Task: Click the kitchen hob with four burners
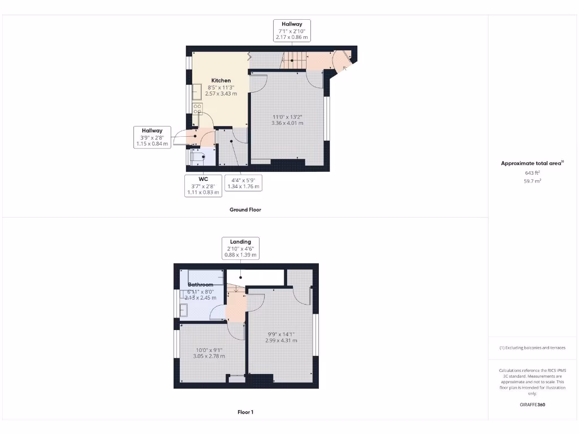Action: pos(197,108)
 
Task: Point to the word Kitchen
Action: pos(221,80)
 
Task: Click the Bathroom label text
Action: pos(201,284)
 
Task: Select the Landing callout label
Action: pos(240,248)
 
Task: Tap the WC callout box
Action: pos(204,185)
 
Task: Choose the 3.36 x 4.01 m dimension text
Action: pos(287,123)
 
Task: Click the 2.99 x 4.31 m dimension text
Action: pos(282,340)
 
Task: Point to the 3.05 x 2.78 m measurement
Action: pos(209,356)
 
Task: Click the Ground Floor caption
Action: pos(245,210)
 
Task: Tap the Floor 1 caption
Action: pos(245,412)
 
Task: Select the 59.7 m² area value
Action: pos(533,181)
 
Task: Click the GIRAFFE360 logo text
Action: pos(533,405)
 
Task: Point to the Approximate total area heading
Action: pos(532,163)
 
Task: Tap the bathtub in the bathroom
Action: pos(201,277)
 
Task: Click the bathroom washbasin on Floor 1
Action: pos(184,310)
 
